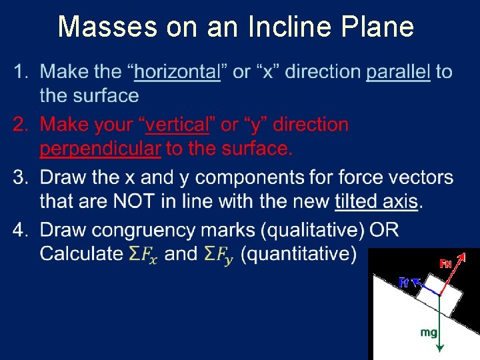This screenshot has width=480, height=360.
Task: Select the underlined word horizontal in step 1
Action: (178, 72)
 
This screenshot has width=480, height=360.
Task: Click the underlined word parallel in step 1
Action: (398, 72)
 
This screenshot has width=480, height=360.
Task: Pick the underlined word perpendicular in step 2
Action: (100, 149)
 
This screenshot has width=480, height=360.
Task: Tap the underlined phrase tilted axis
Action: (376, 201)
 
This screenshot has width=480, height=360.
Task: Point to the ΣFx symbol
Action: (143, 255)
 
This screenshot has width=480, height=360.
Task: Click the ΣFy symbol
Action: (219, 255)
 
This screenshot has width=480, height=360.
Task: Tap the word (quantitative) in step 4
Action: (298, 254)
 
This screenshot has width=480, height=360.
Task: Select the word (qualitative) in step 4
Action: (312, 231)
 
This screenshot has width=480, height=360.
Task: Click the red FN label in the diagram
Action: (446, 263)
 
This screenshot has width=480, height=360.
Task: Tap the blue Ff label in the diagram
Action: (403, 283)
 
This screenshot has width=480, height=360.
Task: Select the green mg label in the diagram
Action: (429, 331)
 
